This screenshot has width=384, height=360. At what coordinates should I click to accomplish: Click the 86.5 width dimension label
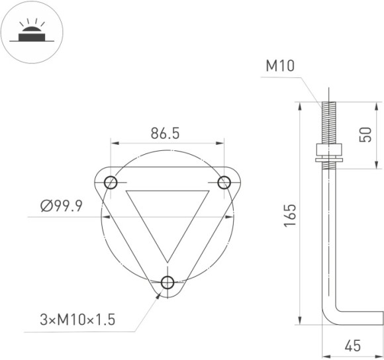(x=165, y=133)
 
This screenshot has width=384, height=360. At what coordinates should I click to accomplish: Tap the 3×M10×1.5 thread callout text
(x=77, y=320)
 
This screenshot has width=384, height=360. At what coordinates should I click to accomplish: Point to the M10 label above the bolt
(x=279, y=66)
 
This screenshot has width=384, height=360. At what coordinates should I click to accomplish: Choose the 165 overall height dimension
(x=290, y=216)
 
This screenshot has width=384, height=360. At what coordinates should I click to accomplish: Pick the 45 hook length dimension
(x=354, y=346)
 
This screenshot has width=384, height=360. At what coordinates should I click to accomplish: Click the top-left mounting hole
(x=111, y=182)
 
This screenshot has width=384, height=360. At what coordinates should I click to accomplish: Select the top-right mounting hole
(x=224, y=182)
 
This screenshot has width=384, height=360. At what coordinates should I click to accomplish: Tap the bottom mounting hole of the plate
(x=167, y=283)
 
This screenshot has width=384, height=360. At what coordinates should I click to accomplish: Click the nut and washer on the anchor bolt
(x=328, y=152)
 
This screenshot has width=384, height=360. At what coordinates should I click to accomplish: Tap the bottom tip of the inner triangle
(x=168, y=261)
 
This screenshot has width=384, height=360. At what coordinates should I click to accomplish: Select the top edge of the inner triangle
(x=168, y=191)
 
